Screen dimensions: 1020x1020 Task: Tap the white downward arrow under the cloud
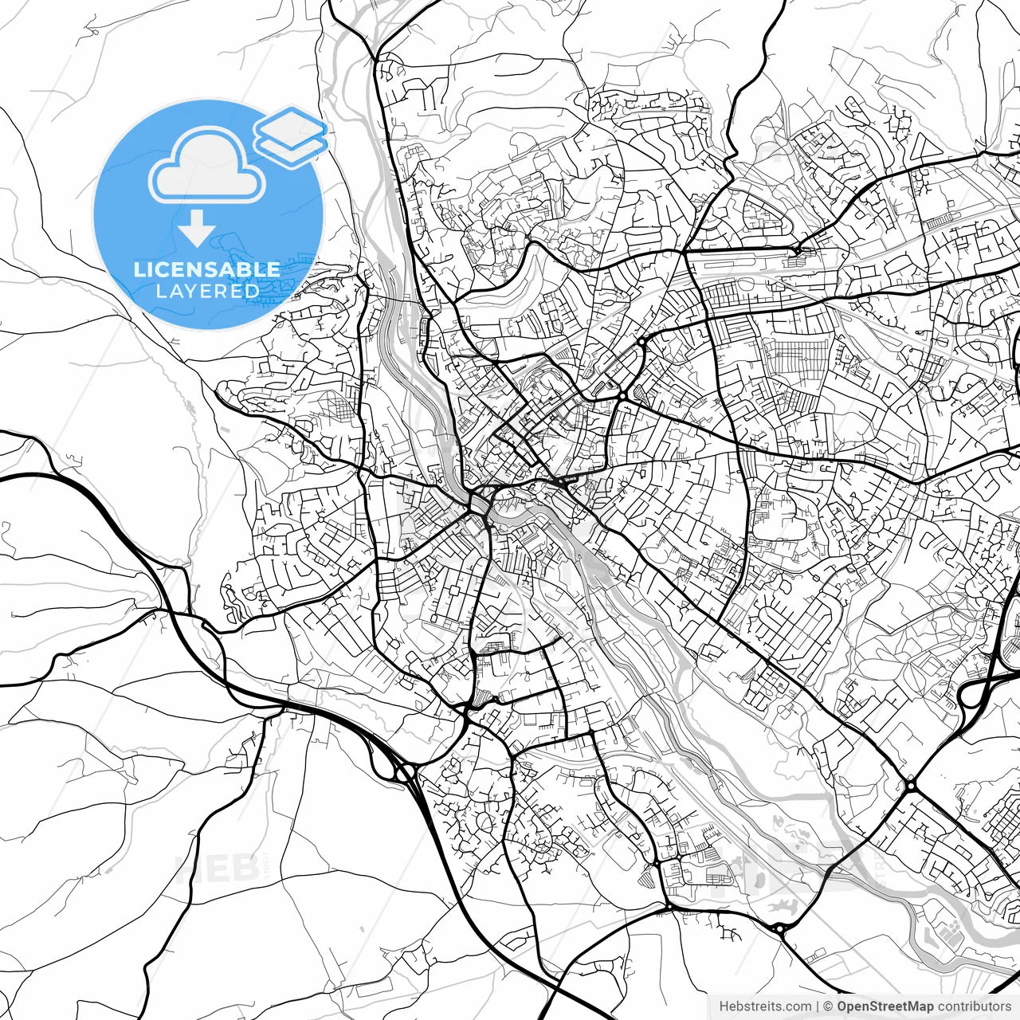pos(197,229)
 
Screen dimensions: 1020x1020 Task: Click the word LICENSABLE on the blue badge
pos(207,269)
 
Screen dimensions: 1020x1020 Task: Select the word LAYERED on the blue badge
pos(208,291)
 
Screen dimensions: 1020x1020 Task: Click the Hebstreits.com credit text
pos(766,1006)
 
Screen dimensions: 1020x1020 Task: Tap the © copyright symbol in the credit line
pos(828,1006)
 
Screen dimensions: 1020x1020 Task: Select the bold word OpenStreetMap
pos(885,1006)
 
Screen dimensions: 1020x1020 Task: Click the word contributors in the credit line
pos(974,1006)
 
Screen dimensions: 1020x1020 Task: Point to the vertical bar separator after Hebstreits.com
pos(818,1006)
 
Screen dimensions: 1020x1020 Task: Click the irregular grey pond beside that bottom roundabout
pos(783,905)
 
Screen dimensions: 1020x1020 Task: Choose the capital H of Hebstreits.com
pos(724,1006)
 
